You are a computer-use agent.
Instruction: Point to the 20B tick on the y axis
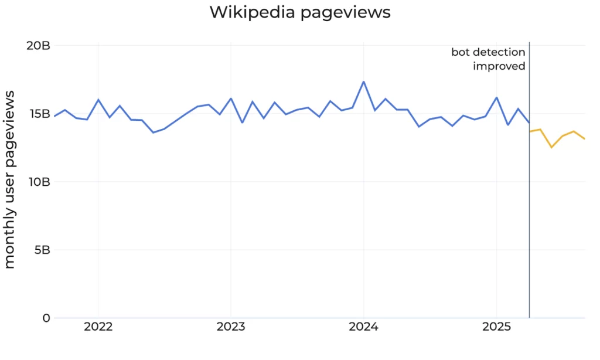[x=37, y=46]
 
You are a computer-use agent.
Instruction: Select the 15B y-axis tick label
[x=37, y=114]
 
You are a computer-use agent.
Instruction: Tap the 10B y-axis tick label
[x=37, y=182]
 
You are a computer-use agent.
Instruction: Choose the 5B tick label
[x=40, y=250]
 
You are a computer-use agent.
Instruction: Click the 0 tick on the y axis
[x=46, y=318]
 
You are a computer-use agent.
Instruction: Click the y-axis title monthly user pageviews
[x=10, y=182]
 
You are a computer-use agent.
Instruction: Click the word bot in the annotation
[x=460, y=53]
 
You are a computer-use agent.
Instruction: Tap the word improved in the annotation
[x=499, y=66]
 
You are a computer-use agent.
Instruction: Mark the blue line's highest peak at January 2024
[x=364, y=81]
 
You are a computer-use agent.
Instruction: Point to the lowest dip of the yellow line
[x=551, y=147]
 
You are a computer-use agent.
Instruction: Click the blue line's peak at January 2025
[x=496, y=97]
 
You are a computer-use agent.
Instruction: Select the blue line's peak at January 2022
[x=98, y=100]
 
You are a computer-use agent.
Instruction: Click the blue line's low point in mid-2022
[x=154, y=133]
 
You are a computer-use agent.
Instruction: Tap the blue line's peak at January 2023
[x=231, y=99]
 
